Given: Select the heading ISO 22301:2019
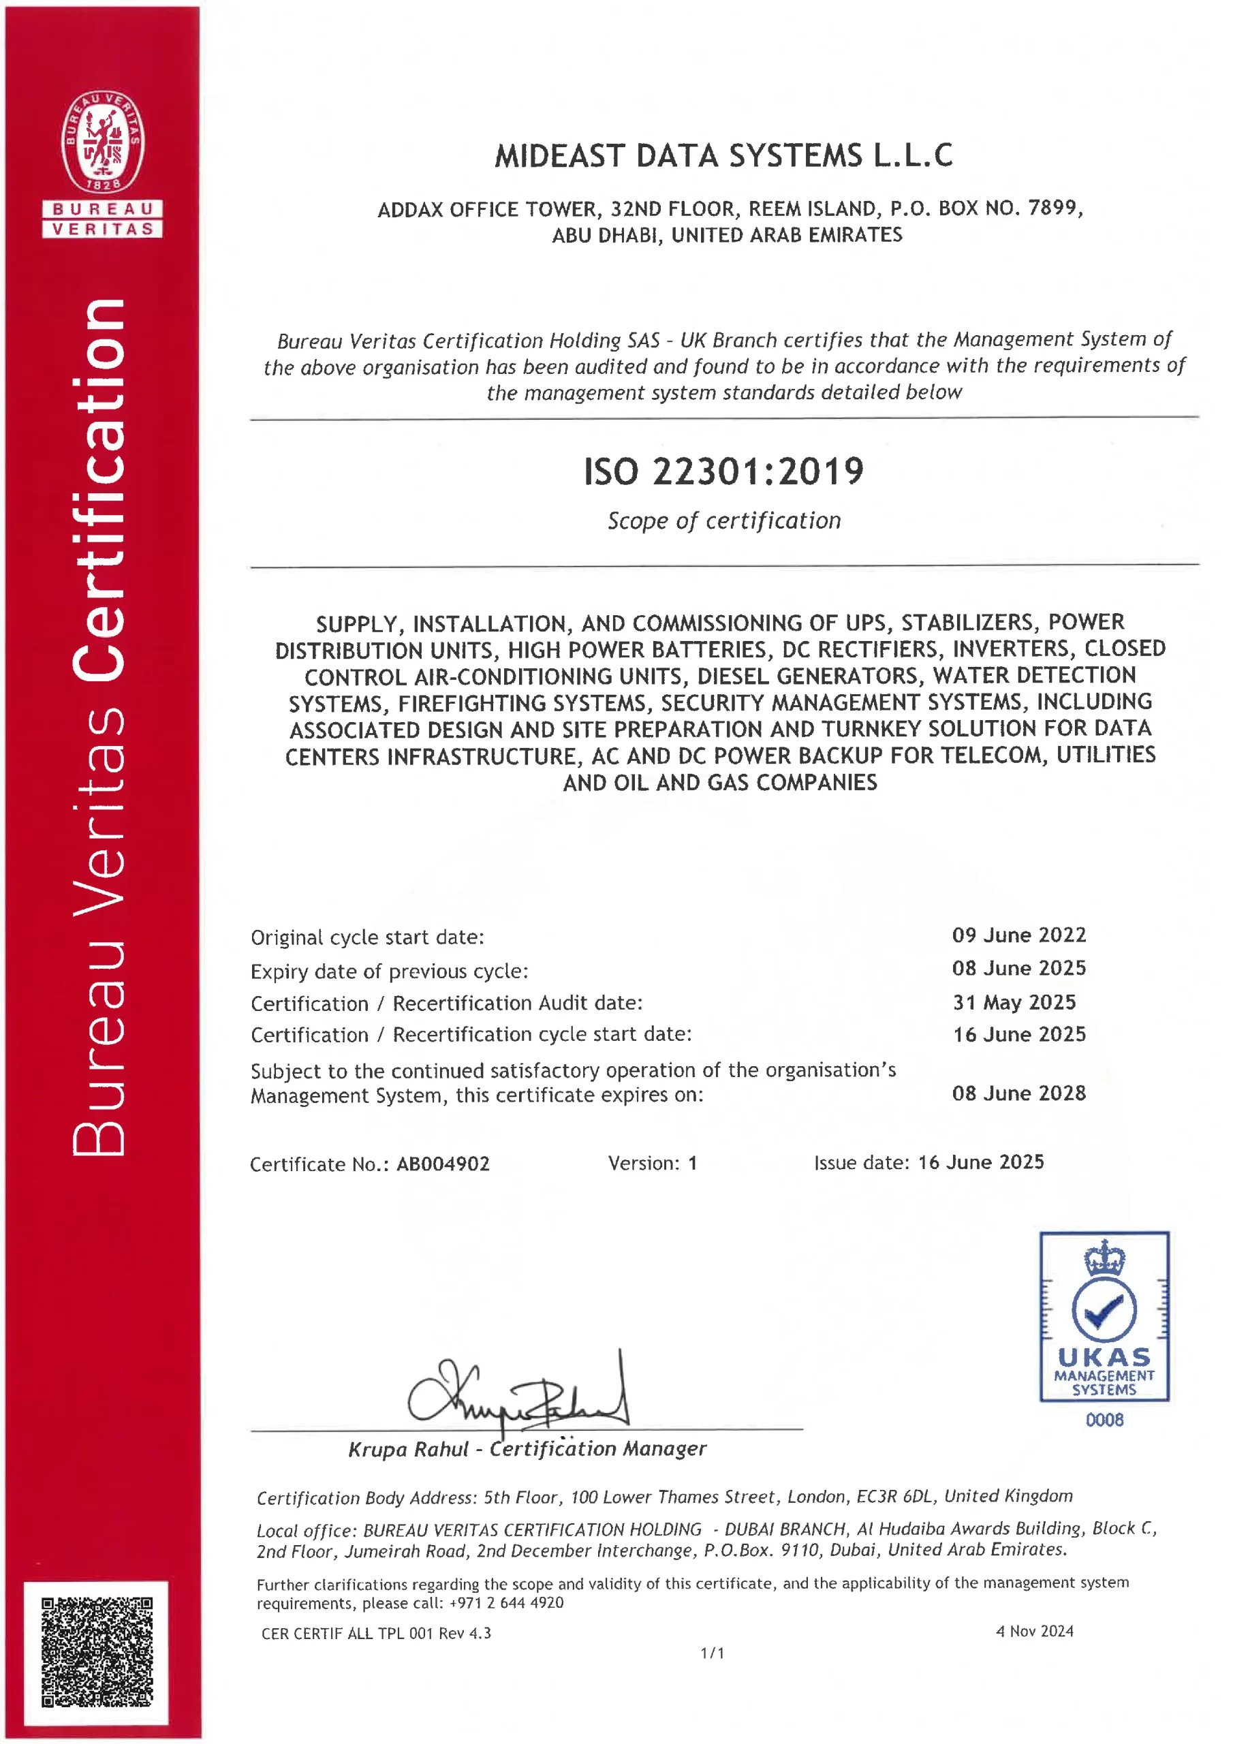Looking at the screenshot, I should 723,471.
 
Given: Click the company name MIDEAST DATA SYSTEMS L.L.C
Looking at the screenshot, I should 723,156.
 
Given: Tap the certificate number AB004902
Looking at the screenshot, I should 443,1164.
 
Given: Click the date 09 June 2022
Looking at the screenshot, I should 1019,935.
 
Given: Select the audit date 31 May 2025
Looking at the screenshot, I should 1014,1002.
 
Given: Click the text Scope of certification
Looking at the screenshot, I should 723,520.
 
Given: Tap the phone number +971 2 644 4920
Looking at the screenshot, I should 506,1603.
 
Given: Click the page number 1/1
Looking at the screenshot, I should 712,1653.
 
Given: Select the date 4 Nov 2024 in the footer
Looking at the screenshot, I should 1034,1631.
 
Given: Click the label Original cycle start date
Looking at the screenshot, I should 367,937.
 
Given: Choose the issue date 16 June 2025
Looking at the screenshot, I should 981,1162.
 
